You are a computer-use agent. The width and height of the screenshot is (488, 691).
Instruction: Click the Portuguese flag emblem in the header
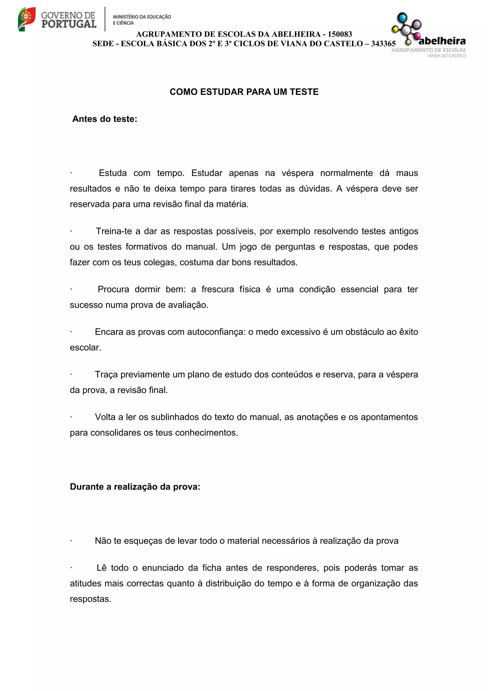[26, 19]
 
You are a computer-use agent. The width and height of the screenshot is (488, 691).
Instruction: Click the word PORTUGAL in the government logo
[69, 24]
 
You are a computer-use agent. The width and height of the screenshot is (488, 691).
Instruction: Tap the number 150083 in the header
[340, 34]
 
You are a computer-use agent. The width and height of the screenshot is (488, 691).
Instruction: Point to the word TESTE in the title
[304, 92]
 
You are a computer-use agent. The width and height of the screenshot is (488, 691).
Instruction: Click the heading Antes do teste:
[105, 119]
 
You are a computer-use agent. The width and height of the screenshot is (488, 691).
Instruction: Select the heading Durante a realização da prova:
[135, 487]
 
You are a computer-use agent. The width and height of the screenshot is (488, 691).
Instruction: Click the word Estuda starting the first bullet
[113, 173]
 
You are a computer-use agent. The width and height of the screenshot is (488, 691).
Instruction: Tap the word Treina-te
[114, 231]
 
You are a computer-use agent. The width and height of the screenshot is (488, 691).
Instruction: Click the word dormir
[147, 289]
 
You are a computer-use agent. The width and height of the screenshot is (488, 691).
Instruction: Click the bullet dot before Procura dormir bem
[71, 289]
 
